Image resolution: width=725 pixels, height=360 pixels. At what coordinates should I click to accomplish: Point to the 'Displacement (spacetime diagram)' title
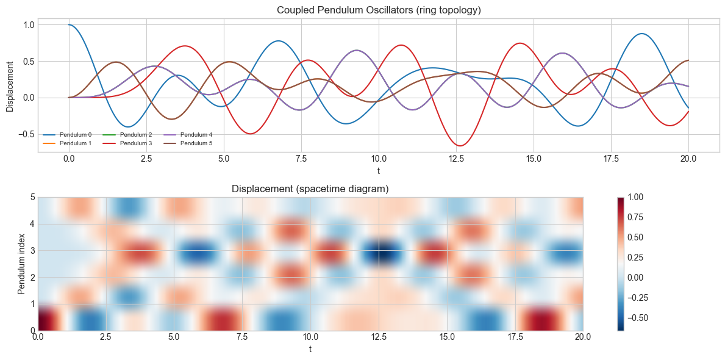[x=310, y=189]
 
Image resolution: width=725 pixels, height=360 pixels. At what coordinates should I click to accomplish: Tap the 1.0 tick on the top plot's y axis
[x=28, y=25]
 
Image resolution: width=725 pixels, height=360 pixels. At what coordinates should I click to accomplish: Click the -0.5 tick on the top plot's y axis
[x=26, y=134]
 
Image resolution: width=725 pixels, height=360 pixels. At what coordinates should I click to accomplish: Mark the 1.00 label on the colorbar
[x=638, y=197]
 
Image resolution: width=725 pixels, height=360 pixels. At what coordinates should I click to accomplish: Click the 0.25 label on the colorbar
[x=638, y=257]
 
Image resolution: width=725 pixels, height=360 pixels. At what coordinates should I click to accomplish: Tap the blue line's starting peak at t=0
[x=69, y=24]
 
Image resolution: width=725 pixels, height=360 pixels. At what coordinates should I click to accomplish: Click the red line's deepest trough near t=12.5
[x=459, y=146]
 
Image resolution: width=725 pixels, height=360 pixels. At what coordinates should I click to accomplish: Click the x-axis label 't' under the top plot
[x=378, y=170]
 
